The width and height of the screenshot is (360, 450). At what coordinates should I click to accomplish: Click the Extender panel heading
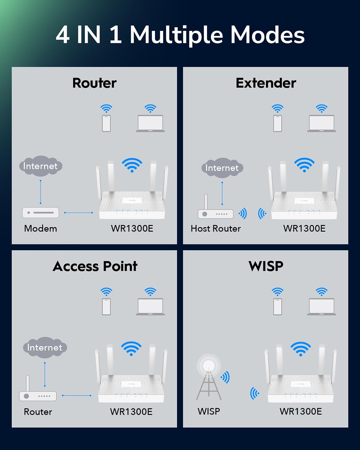pos(266,83)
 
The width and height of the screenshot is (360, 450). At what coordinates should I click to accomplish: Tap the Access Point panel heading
pos(95,266)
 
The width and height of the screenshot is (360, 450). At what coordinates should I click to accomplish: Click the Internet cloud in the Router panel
pos(41,166)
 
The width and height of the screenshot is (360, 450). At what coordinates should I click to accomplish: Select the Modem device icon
pos(40,213)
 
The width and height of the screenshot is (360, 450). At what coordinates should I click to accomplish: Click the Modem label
pos(40,228)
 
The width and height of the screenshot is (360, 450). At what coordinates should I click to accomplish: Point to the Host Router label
pos(216,228)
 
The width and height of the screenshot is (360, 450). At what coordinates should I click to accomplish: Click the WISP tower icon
pos(208,377)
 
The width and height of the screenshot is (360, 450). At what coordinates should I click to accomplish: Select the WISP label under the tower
pos(209,411)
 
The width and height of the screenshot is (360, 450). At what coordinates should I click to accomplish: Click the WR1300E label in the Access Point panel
pos(131,412)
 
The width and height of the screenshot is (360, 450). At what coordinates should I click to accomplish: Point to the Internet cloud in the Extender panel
pos(222,168)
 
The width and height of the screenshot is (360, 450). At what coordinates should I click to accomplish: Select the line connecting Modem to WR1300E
pos(78,213)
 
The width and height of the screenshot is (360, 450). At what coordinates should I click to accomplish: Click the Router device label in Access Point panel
pos(38,412)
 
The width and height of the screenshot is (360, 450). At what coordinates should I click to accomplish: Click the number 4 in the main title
pos(62,35)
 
